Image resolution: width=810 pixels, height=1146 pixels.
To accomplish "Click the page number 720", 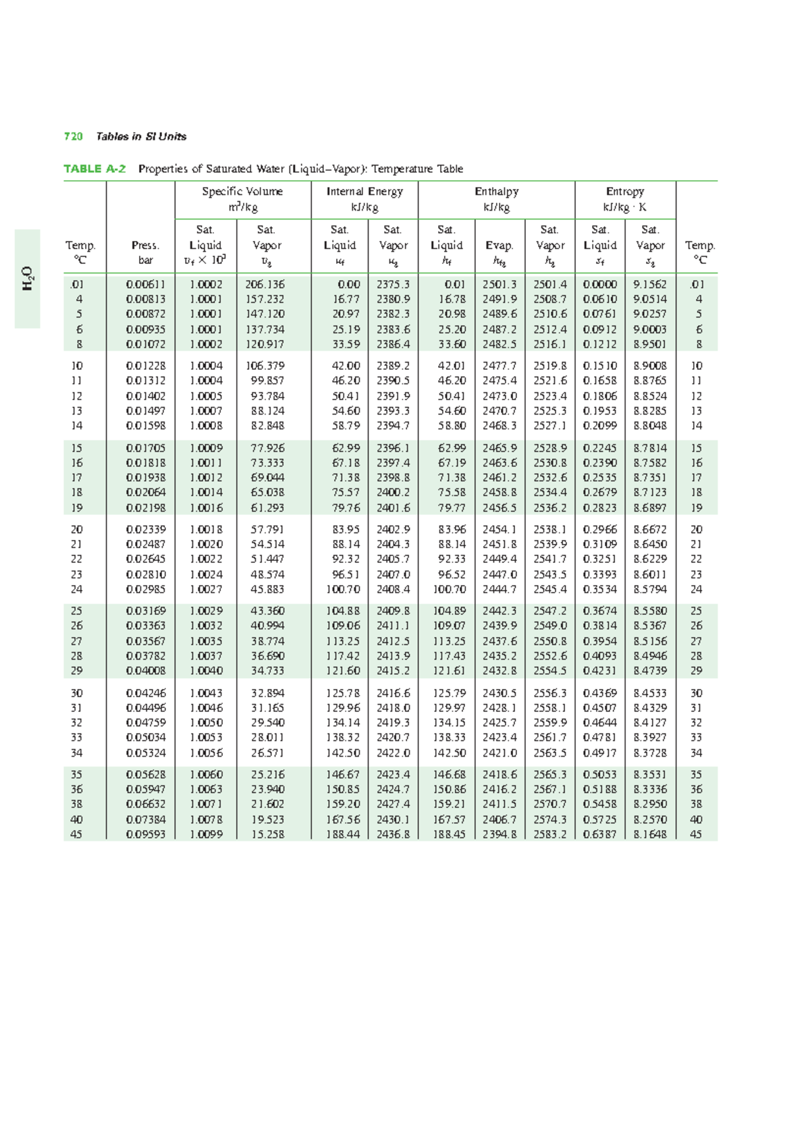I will click(x=73, y=136).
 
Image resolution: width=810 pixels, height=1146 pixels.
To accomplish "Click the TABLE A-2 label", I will click(x=94, y=169).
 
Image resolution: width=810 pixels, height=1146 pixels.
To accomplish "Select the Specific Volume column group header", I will click(x=242, y=192).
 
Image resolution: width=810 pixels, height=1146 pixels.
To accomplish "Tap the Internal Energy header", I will click(x=364, y=192).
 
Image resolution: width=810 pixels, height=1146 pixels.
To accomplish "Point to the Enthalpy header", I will click(x=496, y=192).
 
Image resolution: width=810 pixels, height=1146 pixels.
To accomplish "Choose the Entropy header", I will click(x=625, y=192).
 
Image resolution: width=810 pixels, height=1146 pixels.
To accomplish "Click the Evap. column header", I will click(x=500, y=246).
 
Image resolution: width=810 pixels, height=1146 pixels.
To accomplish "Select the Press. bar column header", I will click(x=146, y=252).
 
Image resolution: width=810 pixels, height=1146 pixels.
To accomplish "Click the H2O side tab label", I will click(x=28, y=279).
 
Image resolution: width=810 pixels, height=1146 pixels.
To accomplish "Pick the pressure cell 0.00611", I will click(x=146, y=285).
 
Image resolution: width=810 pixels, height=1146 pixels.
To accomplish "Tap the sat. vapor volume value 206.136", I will click(x=265, y=285).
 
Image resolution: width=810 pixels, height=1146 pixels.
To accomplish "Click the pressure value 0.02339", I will click(x=146, y=530).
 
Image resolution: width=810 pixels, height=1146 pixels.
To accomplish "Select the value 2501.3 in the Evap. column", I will click(x=500, y=285).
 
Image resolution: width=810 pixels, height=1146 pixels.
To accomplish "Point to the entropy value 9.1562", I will click(x=650, y=285).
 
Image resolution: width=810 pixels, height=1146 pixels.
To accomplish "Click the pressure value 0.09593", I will click(x=146, y=834).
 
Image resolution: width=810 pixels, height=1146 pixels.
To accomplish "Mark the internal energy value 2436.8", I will click(x=393, y=834).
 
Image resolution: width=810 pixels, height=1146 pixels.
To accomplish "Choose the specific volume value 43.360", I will click(x=267, y=611).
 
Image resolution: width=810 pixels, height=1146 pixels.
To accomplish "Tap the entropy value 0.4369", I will click(x=599, y=693).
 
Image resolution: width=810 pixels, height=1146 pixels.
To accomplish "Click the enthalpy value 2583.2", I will click(x=550, y=834).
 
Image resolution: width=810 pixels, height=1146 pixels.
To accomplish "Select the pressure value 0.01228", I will click(x=146, y=366).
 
